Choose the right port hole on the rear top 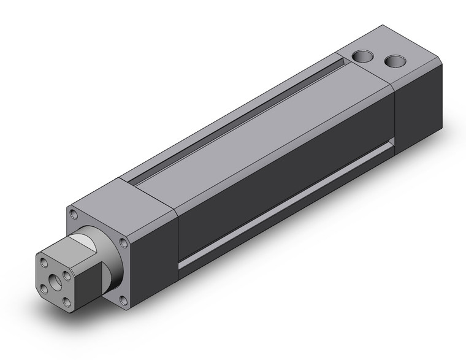pos(395,61)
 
